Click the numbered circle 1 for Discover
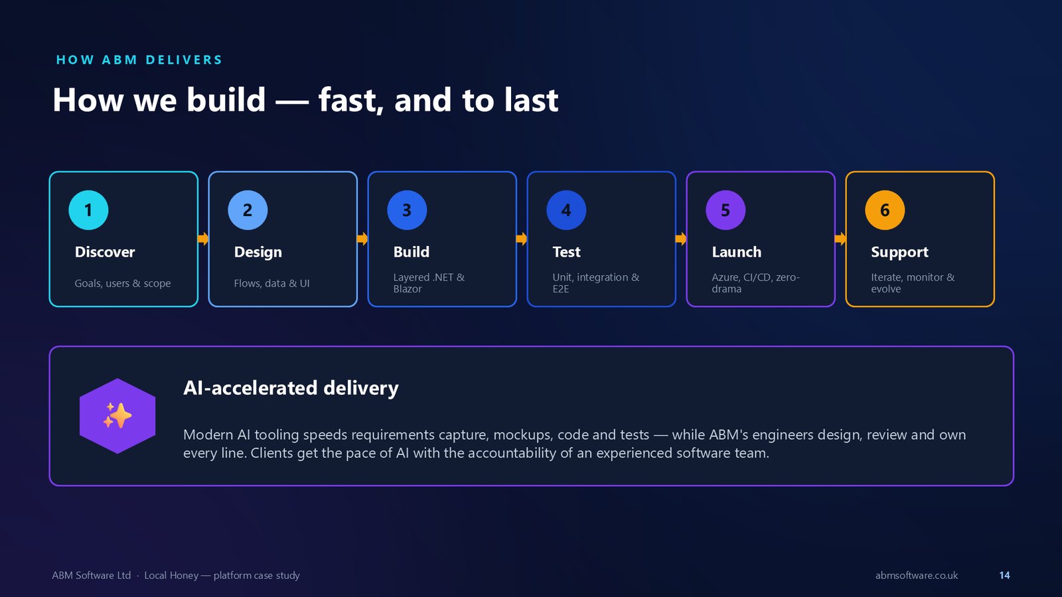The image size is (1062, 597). pyautogui.click(x=88, y=210)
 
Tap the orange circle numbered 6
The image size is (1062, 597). pyautogui.click(x=885, y=210)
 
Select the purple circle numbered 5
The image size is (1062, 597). pyautogui.click(x=725, y=210)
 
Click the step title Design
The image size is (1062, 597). pyautogui.click(x=258, y=252)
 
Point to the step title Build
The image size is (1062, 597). pyautogui.click(x=411, y=251)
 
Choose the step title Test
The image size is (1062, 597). pyautogui.click(x=566, y=251)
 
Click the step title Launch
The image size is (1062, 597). pyautogui.click(x=736, y=251)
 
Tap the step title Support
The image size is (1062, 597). pyautogui.click(x=899, y=252)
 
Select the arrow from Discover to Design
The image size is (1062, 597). pyautogui.click(x=203, y=238)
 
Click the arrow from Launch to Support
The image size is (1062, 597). pyautogui.click(x=840, y=238)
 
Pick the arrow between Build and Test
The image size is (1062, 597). pyautogui.click(x=522, y=238)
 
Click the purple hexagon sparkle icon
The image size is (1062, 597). pyautogui.click(x=117, y=416)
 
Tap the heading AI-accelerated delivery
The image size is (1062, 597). pyautogui.click(x=291, y=387)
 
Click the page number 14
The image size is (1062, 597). pyautogui.click(x=1004, y=575)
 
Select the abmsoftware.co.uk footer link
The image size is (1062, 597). pyautogui.click(x=917, y=575)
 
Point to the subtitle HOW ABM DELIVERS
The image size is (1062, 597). pyautogui.click(x=139, y=60)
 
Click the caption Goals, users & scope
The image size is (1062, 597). pyautogui.click(x=122, y=283)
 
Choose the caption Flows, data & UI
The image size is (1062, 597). pyautogui.click(x=271, y=283)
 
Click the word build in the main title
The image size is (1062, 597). pyautogui.click(x=226, y=99)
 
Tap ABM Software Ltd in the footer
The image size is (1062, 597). pyautogui.click(x=91, y=575)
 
